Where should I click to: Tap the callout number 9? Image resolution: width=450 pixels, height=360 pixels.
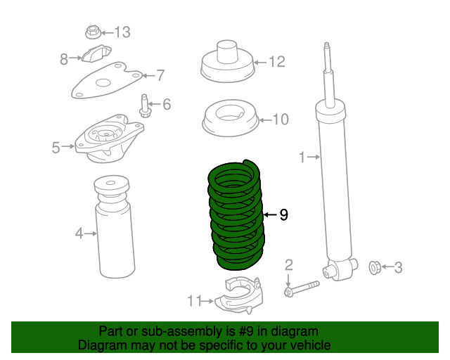tap(283, 215)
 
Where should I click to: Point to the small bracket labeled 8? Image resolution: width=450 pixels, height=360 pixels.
tap(98, 55)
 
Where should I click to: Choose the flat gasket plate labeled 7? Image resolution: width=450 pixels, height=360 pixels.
tap(105, 81)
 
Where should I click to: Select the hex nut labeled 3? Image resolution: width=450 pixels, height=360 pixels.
tap(375, 267)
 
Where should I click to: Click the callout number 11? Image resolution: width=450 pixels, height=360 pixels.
tap(195, 302)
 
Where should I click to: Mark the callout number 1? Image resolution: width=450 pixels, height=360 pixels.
tap(302, 158)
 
